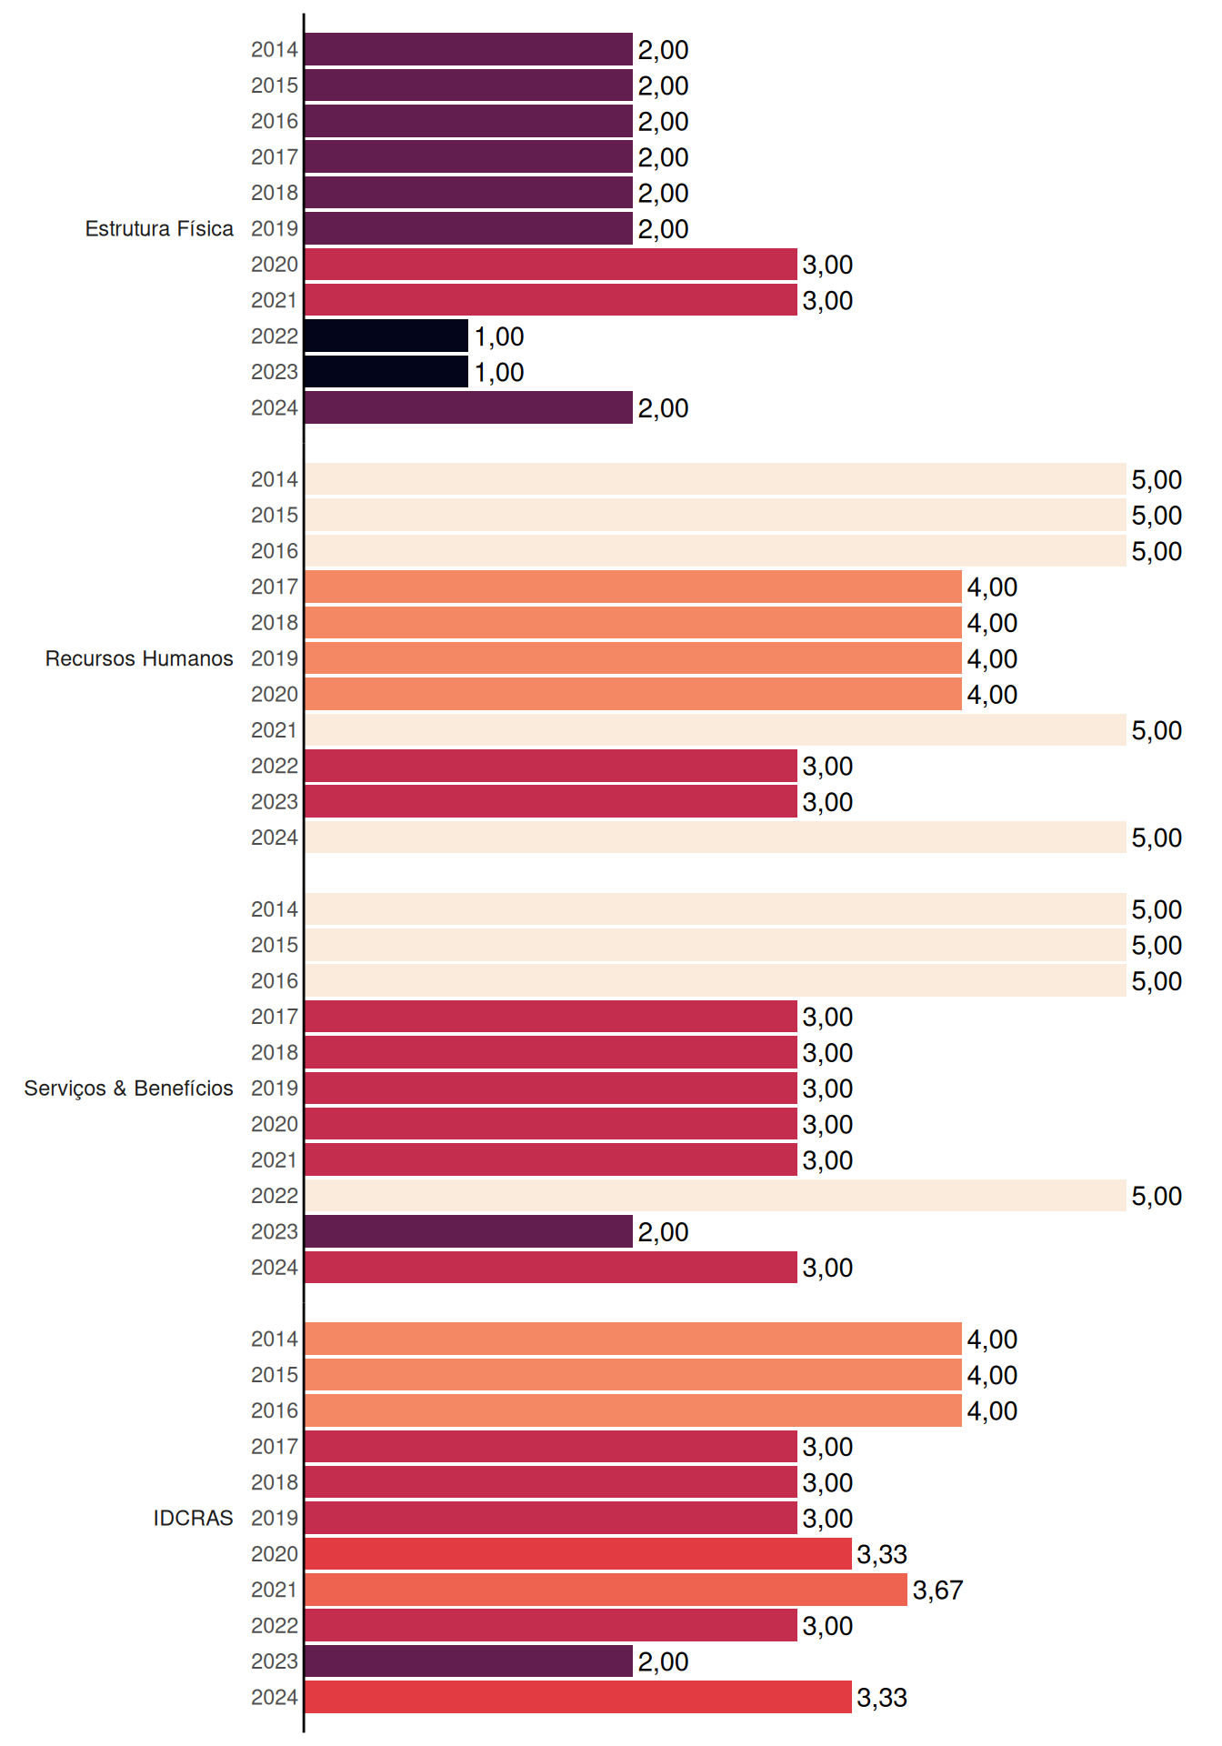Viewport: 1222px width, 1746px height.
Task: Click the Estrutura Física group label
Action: pyautogui.click(x=159, y=228)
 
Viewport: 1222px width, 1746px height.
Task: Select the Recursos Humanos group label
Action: pyautogui.click(x=139, y=658)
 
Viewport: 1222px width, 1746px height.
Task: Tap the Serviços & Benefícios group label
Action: pyautogui.click(x=128, y=1089)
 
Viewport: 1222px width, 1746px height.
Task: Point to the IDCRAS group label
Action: pyautogui.click(x=193, y=1518)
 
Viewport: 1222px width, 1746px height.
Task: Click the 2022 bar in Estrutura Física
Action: pyautogui.click(x=386, y=336)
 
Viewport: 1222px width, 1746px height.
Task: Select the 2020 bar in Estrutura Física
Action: pyautogui.click(x=551, y=265)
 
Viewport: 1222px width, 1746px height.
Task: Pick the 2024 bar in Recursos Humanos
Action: pyautogui.click(x=716, y=838)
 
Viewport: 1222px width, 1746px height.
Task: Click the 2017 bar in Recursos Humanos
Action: pyautogui.click(x=633, y=587)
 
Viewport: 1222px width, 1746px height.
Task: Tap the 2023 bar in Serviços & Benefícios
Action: pyautogui.click(x=468, y=1231)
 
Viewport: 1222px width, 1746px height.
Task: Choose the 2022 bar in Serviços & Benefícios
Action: pyautogui.click(x=716, y=1196)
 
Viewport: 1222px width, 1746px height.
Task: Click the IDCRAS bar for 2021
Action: pyautogui.click(x=606, y=1590)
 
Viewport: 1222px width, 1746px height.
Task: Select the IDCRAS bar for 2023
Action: pyautogui.click(x=468, y=1661)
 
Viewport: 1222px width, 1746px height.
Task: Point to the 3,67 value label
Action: pyautogui.click(x=937, y=1590)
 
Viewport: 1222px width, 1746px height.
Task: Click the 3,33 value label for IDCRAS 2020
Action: pyautogui.click(x=882, y=1555)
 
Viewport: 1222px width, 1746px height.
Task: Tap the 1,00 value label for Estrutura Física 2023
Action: pyautogui.click(x=499, y=373)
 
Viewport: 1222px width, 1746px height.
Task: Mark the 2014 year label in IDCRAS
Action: pyautogui.click(x=275, y=1340)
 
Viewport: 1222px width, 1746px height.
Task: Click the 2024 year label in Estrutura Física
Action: pyautogui.click(x=275, y=408)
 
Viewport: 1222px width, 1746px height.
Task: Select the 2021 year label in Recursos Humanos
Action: pyautogui.click(x=275, y=730)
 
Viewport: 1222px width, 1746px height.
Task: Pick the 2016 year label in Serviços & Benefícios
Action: pyautogui.click(x=275, y=981)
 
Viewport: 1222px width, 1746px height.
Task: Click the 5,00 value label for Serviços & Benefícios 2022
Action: pyautogui.click(x=1157, y=1197)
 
